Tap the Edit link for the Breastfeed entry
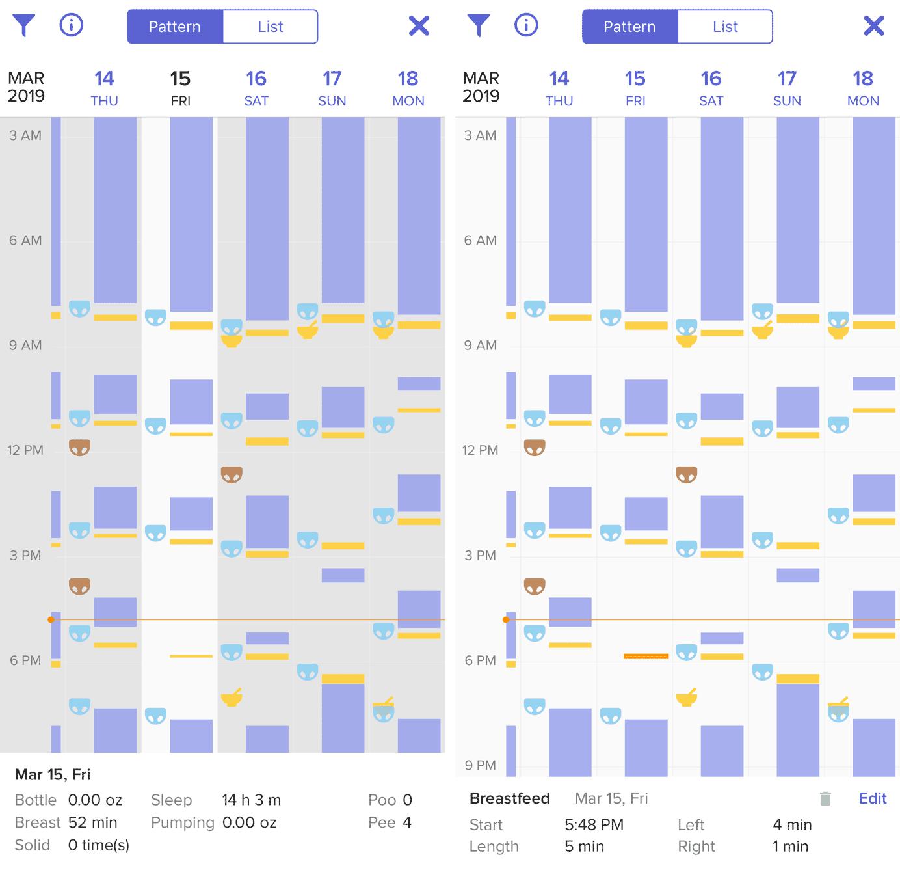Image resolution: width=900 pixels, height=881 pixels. [872, 798]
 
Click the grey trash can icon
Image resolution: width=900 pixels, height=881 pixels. [825, 799]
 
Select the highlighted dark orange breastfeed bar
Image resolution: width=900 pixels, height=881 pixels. [646, 656]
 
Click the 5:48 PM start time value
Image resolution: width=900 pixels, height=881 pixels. [594, 825]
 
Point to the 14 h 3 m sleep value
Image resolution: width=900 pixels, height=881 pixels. [251, 800]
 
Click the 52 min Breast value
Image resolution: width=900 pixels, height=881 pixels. [92, 822]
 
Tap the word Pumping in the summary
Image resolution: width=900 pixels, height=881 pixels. [182, 822]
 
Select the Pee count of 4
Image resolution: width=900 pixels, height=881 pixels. [407, 822]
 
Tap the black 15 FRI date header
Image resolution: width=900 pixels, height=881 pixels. [180, 88]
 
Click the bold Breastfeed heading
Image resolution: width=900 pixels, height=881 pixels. [509, 798]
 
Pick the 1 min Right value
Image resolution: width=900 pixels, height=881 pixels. [790, 847]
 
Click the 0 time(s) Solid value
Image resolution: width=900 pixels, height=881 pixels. [98, 845]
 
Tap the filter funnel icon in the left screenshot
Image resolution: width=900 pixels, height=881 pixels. [23, 25]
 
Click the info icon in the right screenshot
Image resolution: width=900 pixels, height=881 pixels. [526, 25]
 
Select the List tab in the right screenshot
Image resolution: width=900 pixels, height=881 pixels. [724, 27]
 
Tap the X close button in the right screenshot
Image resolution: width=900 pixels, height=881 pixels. [873, 26]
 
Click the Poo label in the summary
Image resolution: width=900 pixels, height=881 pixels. [382, 800]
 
